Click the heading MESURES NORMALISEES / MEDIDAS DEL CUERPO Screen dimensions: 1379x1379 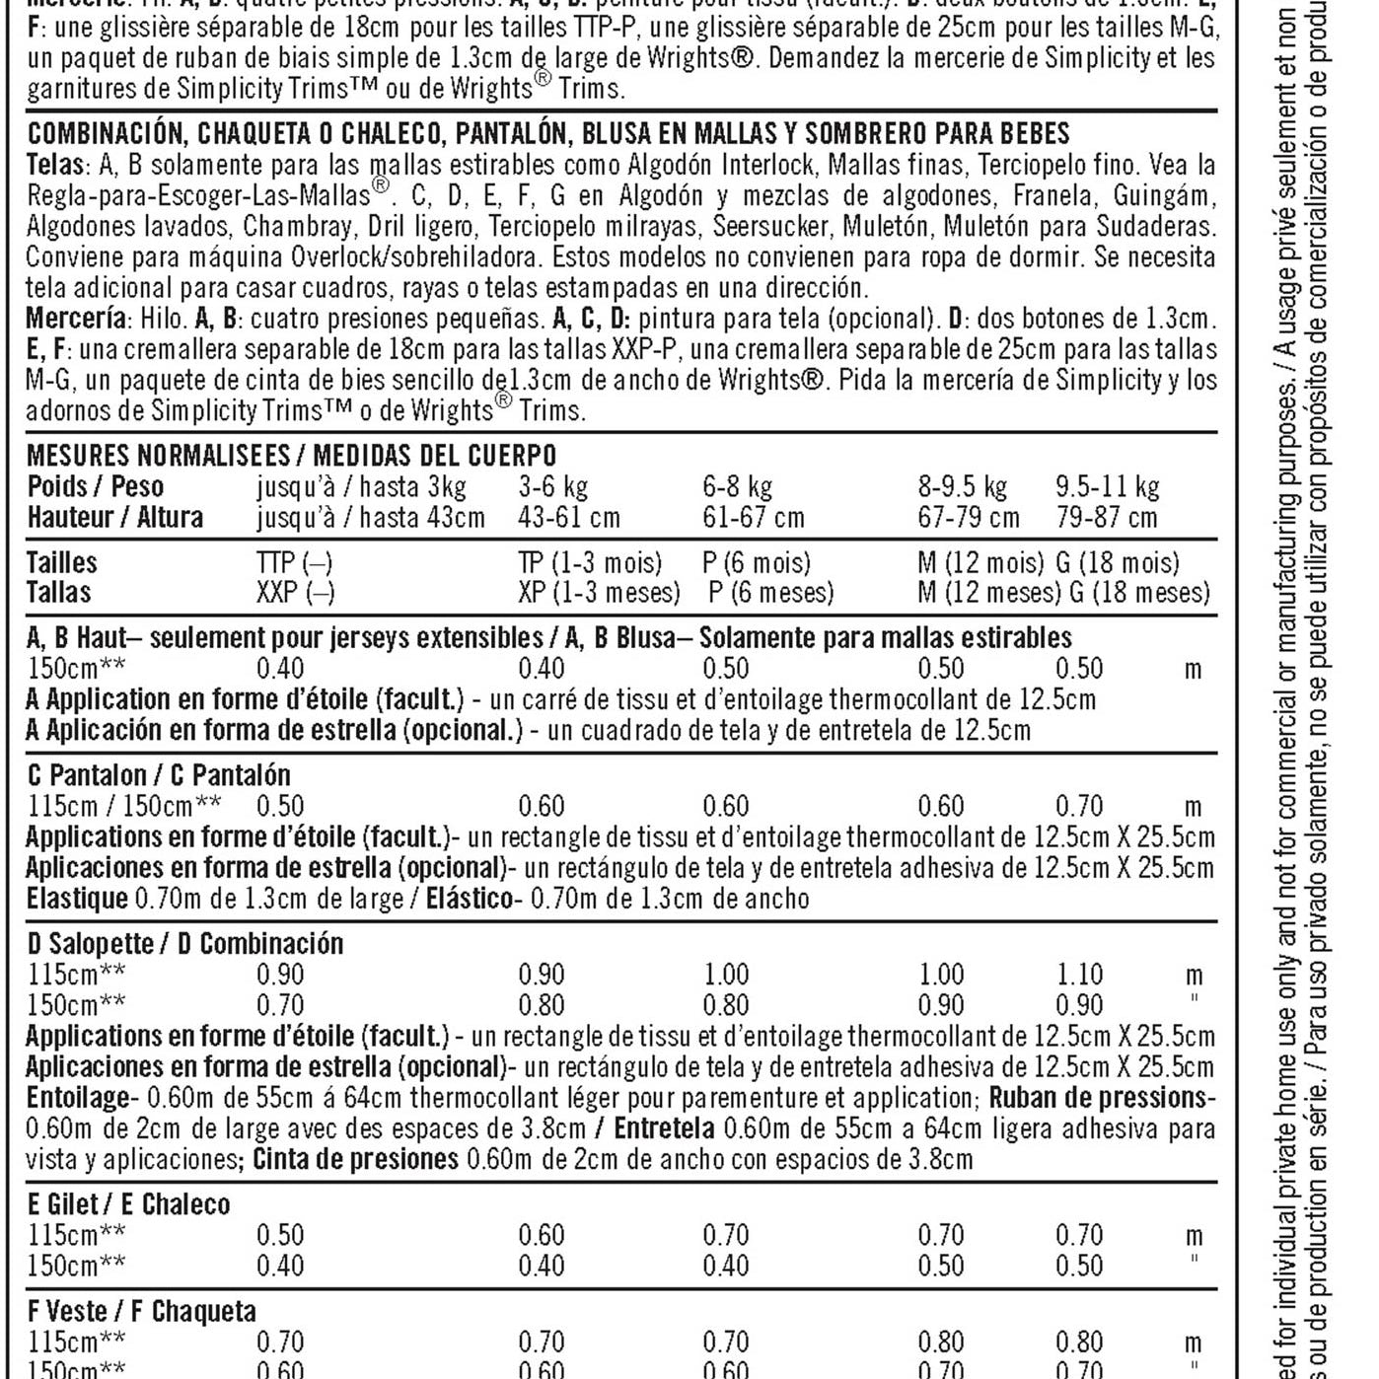tap(291, 455)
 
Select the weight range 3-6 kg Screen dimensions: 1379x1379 tap(552, 486)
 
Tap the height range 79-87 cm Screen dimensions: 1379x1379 tap(1106, 517)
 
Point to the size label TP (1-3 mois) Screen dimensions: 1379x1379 tap(590, 562)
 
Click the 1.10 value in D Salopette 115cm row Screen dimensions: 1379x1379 tap(1079, 975)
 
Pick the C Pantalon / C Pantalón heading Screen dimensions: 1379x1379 tap(159, 775)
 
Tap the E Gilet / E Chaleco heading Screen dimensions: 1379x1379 tap(128, 1204)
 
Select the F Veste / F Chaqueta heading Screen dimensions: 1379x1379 tap(142, 1311)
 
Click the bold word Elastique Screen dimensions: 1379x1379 tap(77, 899)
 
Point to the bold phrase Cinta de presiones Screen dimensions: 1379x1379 tap(355, 1159)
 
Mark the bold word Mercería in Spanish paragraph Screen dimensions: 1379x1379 tap(76, 319)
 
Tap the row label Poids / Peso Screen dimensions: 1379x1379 tap(96, 486)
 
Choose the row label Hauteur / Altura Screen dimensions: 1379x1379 tap(115, 517)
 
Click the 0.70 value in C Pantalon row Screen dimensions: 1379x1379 tap(1079, 807)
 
